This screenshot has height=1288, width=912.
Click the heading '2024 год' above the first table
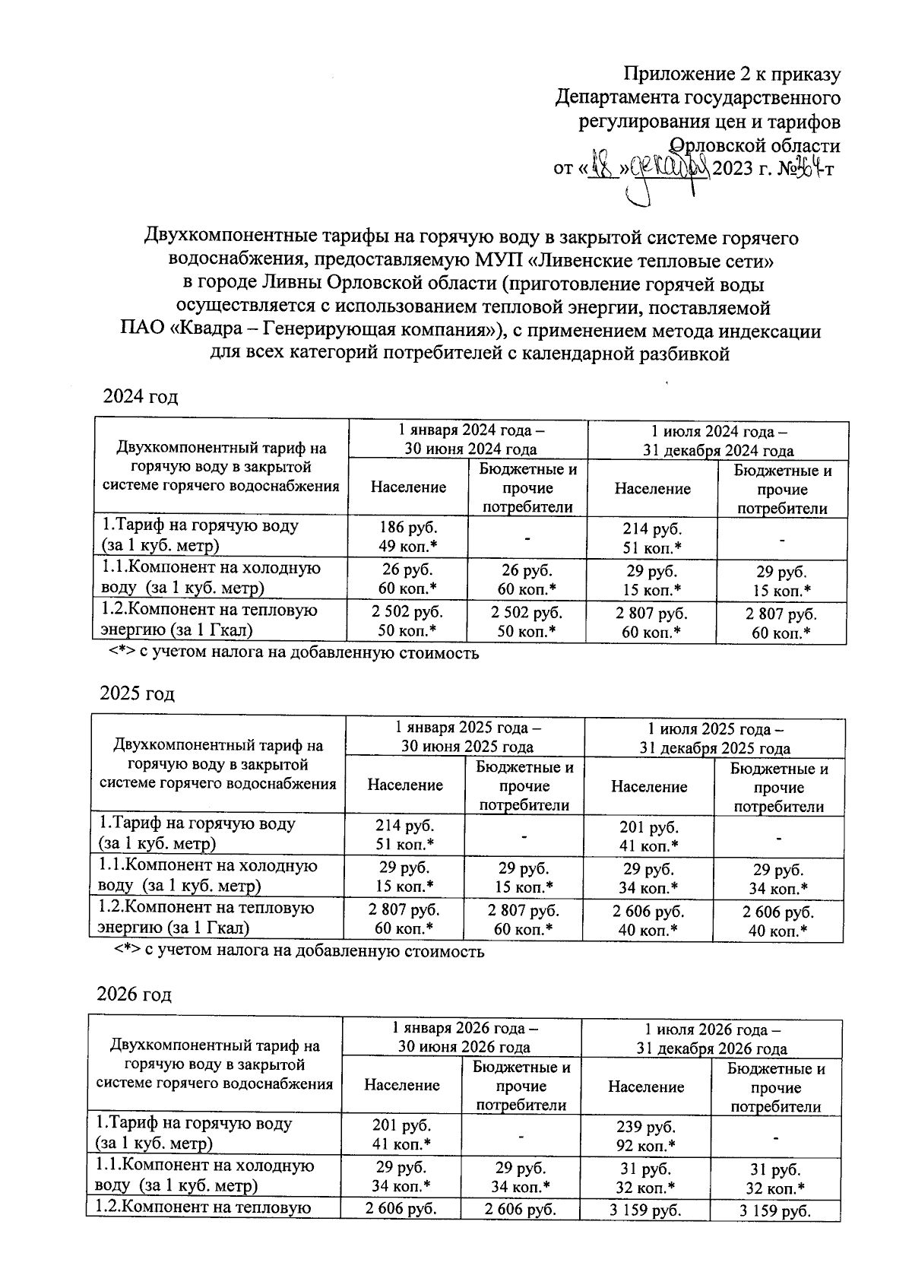click(141, 397)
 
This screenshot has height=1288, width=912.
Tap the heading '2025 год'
click(138, 693)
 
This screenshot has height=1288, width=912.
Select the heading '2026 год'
click(135, 995)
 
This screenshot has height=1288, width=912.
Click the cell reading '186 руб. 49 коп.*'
click(408, 536)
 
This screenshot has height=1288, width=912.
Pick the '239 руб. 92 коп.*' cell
click(646, 1136)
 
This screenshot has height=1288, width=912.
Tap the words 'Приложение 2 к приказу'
click(732, 74)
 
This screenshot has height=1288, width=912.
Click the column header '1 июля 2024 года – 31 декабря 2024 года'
click(717, 439)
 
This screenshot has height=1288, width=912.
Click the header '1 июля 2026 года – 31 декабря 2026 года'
click(711, 1039)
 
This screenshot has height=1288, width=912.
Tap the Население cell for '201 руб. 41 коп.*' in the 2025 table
click(649, 836)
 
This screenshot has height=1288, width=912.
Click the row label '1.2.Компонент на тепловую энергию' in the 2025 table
click(206, 917)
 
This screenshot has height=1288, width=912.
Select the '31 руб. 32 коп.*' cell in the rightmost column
click(775, 1179)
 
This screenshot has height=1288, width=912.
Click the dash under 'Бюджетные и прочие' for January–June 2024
click(527, 538)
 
